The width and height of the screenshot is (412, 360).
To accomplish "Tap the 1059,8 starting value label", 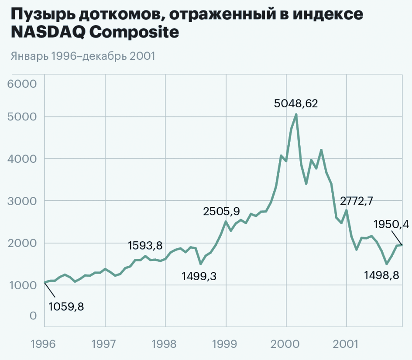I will point(66,306).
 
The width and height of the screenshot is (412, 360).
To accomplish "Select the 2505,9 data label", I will point(221,212).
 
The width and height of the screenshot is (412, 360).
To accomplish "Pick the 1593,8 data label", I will point(145,246).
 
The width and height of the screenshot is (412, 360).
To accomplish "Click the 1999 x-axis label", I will point(226,343).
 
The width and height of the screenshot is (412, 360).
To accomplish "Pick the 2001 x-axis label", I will point(346,343).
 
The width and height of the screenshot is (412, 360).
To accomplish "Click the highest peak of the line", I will point(296,115).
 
